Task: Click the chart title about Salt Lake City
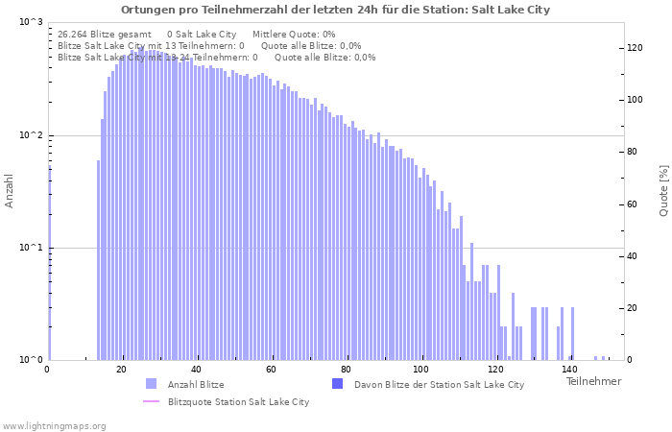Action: pyautogui.click(x=335, y=10)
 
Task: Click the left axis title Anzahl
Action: pyautogui.click(x=10, y=191)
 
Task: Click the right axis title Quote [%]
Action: pyautogui.click(x=663, y=191)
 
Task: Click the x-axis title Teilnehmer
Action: pyautogui.click(x=593, y=381)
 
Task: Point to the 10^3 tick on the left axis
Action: pyautogui.click(x=31, y=22)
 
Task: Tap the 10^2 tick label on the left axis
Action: pyautogui.click(x=31, y=135)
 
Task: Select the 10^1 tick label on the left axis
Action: pyautogui.click(x=31, y=248)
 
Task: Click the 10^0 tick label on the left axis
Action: pyautogui.click(x=31, y=360)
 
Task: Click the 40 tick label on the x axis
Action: pyautogui.click(x=197, y=370)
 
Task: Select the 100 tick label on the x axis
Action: pyautogui.click(x=421, y=370)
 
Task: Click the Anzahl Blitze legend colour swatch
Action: pyautogui.click(x=151, y=384)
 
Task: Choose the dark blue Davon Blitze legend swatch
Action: pyautogui.click(x=337, y=384)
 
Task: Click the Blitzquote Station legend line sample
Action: pyautogui.click(x=151, y=401)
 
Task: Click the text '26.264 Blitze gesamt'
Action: pyautogui.click(x=105, y=34)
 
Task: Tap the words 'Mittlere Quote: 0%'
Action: pyautogui.click(x=294, y=34)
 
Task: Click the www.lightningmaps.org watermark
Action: pyautogui.click(x=54, y=425)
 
